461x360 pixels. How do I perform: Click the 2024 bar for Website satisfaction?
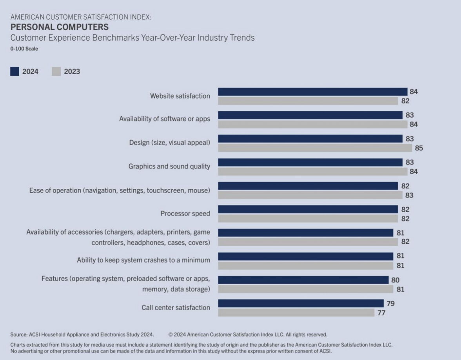312,92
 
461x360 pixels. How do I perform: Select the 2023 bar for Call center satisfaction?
296,313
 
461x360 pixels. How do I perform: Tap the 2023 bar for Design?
315,148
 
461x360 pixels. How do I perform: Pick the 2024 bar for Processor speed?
308,209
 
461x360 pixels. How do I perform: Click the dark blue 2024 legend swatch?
15,71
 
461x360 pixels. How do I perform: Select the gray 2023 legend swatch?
56,71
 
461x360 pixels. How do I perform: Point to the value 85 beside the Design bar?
419,148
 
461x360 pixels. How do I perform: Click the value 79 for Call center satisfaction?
390,304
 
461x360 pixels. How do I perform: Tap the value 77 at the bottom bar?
381,313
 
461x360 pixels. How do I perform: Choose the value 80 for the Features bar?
395,280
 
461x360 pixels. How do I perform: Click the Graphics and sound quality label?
169,166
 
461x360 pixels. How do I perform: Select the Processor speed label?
185,213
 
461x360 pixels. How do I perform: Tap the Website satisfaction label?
180,96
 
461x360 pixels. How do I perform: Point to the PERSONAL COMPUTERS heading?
59,27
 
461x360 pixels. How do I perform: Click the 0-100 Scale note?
24,49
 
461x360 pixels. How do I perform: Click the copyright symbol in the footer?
171,335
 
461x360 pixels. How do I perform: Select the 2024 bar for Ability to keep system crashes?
305,256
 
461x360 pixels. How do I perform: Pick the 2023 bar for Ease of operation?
310,195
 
